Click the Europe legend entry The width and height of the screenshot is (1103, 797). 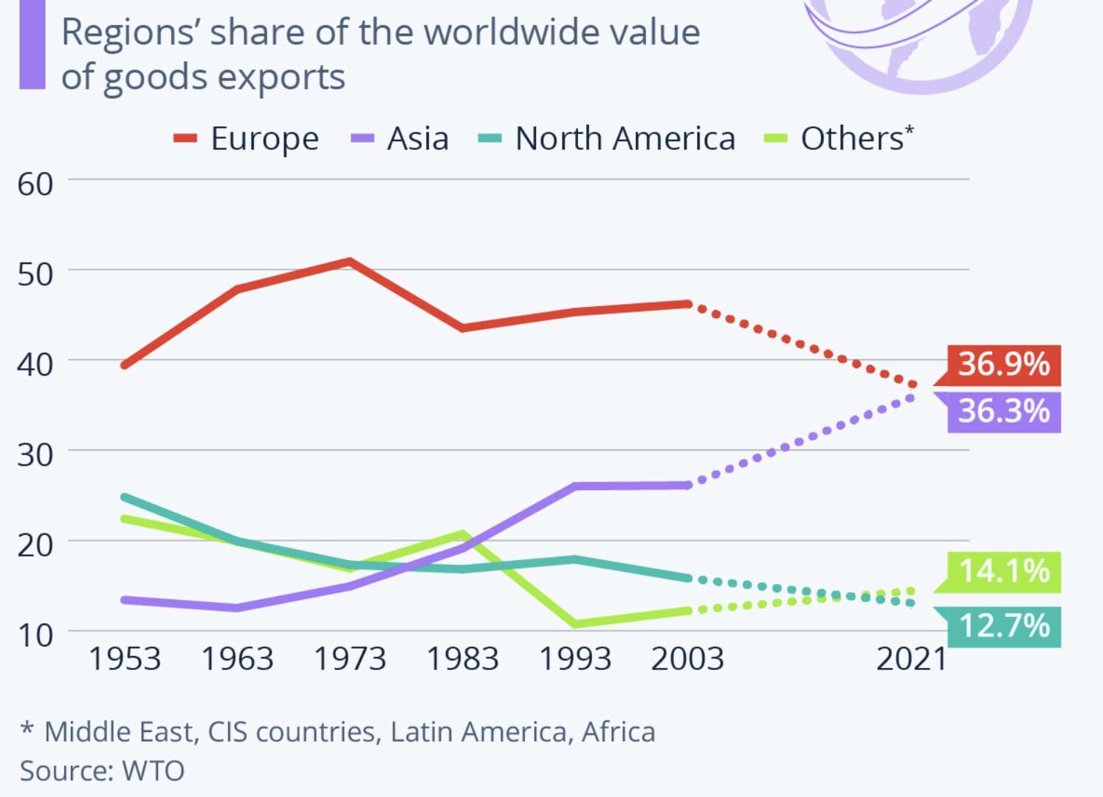click(x=247, y=139)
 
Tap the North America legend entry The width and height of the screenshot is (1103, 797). click(x=608, y=139)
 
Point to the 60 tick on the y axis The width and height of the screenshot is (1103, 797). click(x=35, y=184)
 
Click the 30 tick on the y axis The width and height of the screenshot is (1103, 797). click(x=35, y=455)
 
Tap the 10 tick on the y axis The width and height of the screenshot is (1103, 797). click(x=35, y=635)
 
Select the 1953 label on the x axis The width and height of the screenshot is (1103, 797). click(x=124, y=659)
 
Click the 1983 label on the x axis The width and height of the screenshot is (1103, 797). click(x=462, y=659)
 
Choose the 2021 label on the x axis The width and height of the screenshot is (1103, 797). click(x=911, y=659)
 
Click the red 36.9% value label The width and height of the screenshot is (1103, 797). click(x=1003, y=365)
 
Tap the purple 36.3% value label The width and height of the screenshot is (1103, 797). click(x=1003, y=411)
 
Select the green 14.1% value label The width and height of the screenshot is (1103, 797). click(x=1003, y=571)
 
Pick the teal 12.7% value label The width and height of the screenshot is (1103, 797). click(x=1003, y=627)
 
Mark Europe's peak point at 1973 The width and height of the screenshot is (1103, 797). click(x=349, y=261)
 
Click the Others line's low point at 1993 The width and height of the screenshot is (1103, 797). click(x=575, y=624)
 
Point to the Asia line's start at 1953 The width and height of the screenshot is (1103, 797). click(x=124, y=600)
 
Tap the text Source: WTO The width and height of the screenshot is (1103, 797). click(x=102, y=770)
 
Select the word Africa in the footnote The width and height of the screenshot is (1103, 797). click(x=618, y=732)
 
